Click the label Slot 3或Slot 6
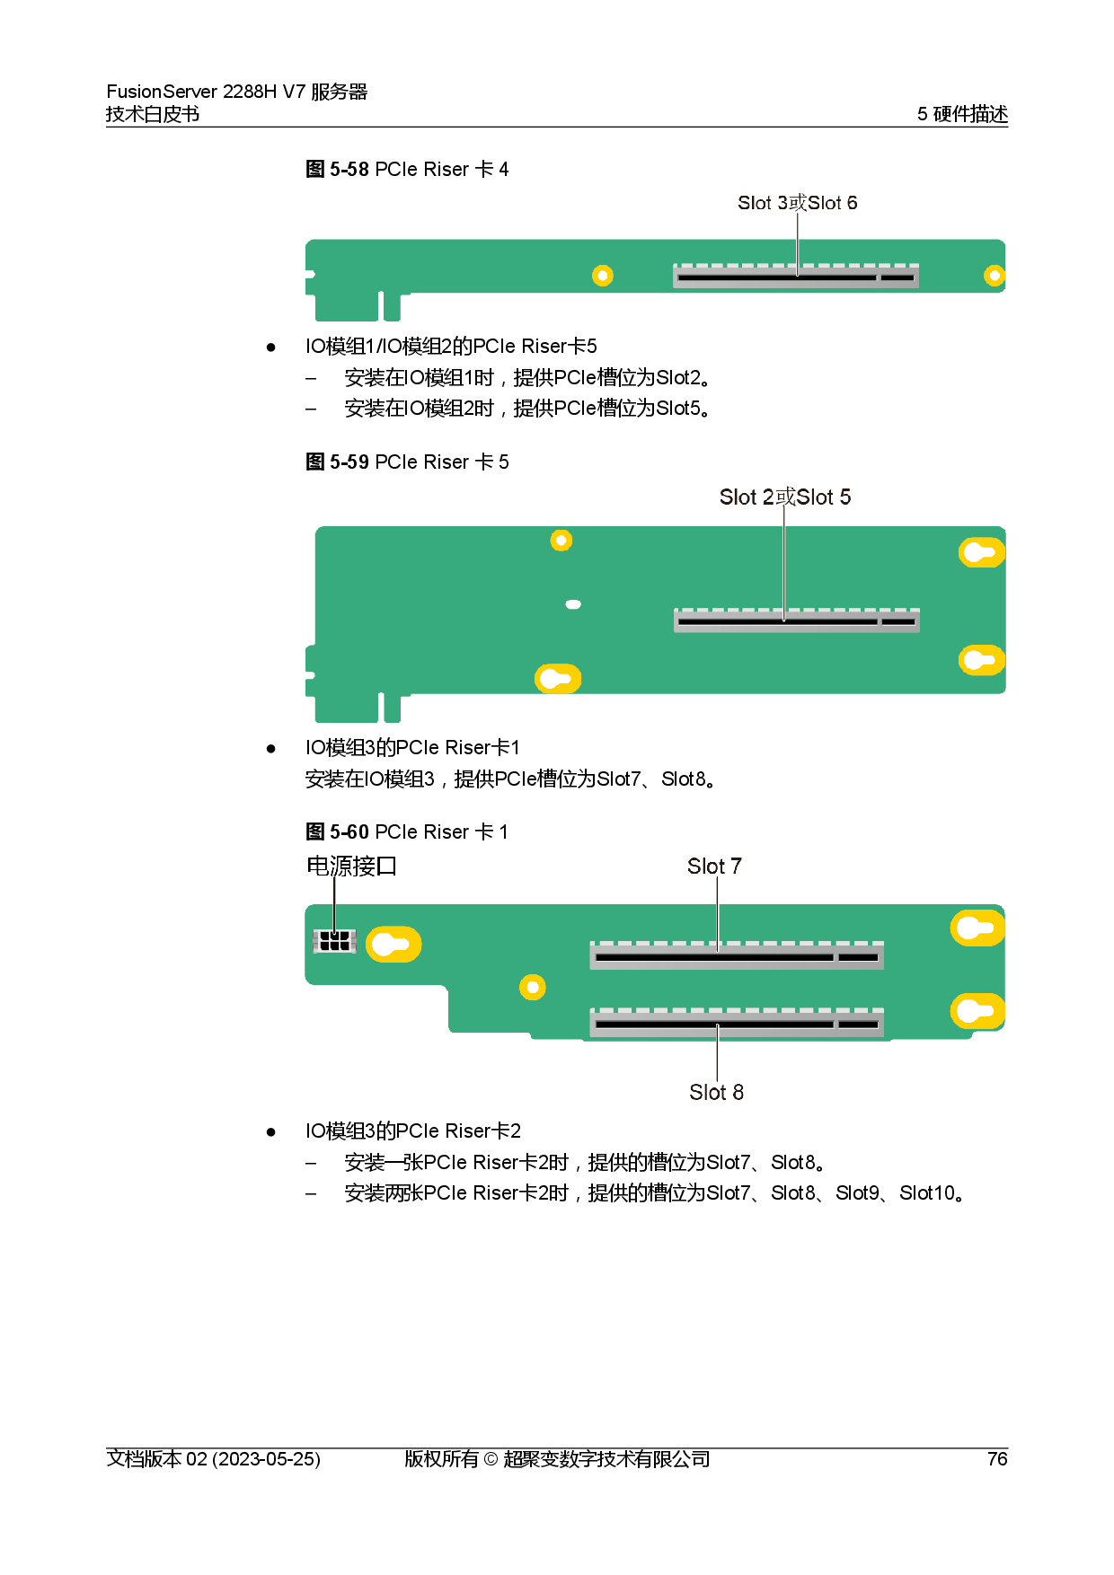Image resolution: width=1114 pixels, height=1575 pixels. click(797, 203)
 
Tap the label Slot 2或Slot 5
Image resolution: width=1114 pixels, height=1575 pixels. click(784, 497)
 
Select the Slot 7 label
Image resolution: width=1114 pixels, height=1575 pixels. click(714, 866)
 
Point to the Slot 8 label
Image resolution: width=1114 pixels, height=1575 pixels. click(716, 1092)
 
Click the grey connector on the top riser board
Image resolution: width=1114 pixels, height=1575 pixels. click(796, 276)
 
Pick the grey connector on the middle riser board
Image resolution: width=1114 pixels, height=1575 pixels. click(797, 620)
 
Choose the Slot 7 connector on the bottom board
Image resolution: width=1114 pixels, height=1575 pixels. click(737, 955)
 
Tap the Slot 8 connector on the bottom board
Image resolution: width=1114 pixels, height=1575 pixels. click(737, 1022)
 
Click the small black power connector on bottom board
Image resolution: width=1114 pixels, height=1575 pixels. click(334, 940)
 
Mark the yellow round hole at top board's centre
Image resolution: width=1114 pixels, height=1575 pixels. click(603, 276)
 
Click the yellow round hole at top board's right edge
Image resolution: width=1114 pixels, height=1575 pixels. click(994, 276)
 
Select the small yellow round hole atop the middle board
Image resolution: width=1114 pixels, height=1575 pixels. click(561, 540)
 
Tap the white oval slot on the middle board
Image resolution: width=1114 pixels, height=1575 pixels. click(573, 604)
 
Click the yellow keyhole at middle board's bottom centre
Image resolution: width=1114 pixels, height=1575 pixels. click(558, 678)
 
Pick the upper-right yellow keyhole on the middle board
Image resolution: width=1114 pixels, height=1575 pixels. click(980, 552)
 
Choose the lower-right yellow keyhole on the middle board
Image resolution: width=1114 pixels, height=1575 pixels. click(980, 660)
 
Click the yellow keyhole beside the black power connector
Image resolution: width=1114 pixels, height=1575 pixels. click(393, 944)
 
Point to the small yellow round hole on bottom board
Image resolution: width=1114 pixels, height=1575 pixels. click(533, 988)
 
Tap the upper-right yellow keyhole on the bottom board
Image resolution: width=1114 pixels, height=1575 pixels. click(977, 928)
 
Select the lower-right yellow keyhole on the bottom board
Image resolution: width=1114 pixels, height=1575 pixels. click(977, 1011)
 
